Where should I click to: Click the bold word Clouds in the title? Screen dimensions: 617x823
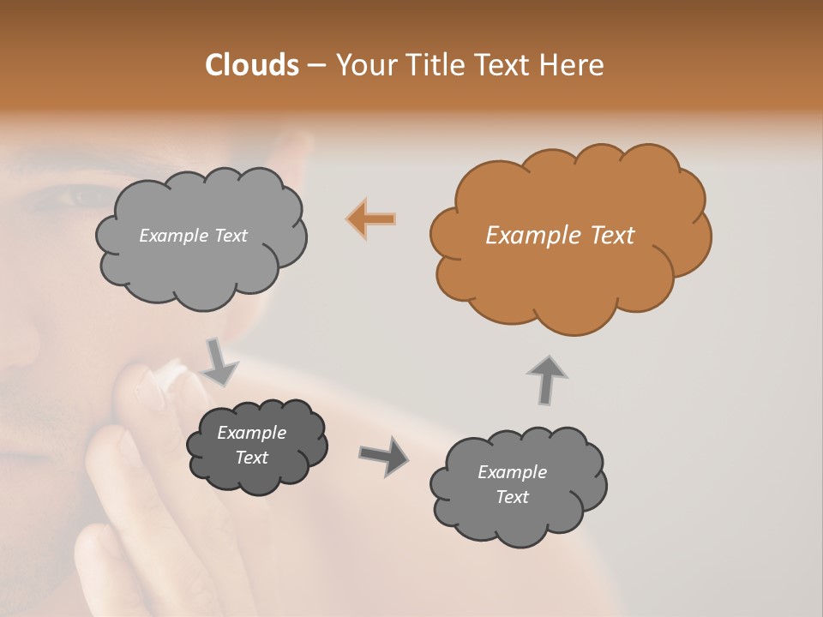coord(252,65)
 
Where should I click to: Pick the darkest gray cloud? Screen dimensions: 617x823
coord(256,446)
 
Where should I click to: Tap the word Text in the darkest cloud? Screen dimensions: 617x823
coord(252,458)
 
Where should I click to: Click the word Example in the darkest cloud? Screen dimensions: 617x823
coord(252,433)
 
